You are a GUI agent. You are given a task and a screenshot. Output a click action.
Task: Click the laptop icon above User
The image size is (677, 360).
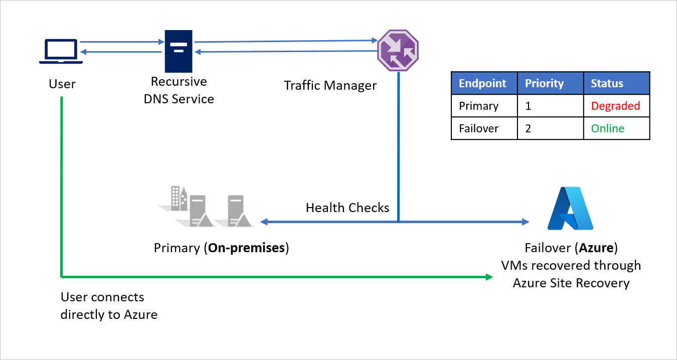(61, 51)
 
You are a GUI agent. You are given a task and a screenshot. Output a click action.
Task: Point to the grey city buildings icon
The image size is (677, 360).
(177, 198)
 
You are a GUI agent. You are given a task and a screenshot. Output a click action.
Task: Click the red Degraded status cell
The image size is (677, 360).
(615, 106)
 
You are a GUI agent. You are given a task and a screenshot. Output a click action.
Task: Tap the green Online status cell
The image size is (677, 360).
(607, 128)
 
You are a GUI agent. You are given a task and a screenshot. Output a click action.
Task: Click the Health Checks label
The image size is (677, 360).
(348, 208)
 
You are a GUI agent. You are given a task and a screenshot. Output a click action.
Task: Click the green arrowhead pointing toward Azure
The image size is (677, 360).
(489, 276)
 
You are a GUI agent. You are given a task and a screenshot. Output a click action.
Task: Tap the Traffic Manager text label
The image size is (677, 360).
(330, 85)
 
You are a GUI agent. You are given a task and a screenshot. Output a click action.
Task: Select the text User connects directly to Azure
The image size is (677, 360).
(109, 306)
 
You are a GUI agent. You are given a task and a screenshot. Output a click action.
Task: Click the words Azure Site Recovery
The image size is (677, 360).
(571, 283)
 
